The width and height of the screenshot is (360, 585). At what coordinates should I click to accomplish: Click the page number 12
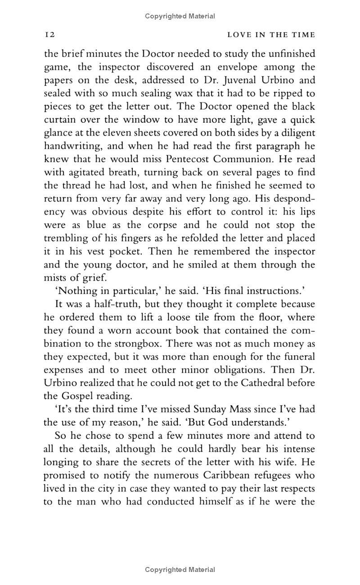coord(49,35)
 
